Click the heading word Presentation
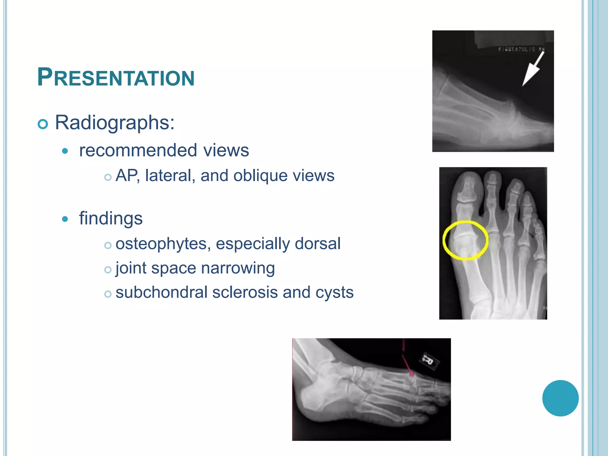pyautogui.click(x=116, y=77)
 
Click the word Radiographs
pyautogui.click(x=114, y=122)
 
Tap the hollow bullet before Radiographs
pyautogui.click(x=43, y=124)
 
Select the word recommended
pyautogui.click(x=138, y=150)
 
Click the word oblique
pyautogui.click(x=260, y=176)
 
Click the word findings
pyautogui.click(x=111, y=218)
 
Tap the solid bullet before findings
pyautogui.click(x=65, y=219)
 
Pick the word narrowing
pyautogui.click(x=238, y=268)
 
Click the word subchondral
pyautogui.click(x=161, y=292)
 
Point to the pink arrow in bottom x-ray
pyautogui.click(x=407, y=364)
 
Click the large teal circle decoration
pyautogui.click(x=560, y=398)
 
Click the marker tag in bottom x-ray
pyautogui.click(x=429, y=361)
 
